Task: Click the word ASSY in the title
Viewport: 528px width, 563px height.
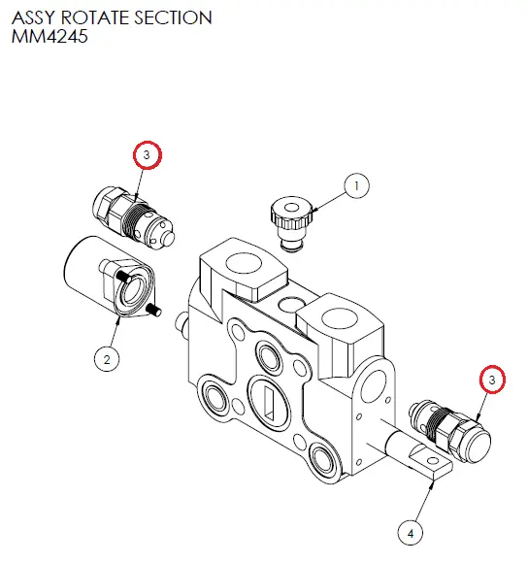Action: [33, 17]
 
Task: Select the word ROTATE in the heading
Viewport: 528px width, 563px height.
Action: [97, 17]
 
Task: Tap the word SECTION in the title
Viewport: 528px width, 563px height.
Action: [174, 17]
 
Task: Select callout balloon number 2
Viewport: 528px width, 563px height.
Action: [106, 359]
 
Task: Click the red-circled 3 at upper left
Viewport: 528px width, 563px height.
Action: [147, 155]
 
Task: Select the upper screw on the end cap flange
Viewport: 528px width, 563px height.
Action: [123, 276]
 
